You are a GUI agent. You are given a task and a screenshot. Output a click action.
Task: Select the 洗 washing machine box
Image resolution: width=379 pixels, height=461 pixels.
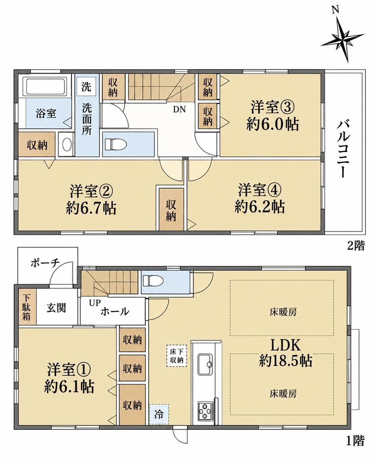[86, 87]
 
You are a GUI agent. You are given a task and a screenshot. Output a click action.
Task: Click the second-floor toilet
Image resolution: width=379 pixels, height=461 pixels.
[116, 144]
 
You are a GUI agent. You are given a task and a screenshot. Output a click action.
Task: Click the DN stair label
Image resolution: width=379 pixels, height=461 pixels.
[179, 109]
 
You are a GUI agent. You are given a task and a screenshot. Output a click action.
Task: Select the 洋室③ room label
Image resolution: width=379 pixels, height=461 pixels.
[273, 108]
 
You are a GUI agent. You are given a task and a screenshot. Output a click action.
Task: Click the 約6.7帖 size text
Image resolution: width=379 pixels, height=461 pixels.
[91, 208]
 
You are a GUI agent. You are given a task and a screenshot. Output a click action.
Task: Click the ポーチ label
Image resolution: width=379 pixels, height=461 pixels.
[45, 263]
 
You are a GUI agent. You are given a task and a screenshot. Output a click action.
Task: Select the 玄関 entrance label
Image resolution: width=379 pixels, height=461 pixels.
[56, 308]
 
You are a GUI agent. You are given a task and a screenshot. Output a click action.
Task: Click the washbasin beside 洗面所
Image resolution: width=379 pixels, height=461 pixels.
[67, 145]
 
